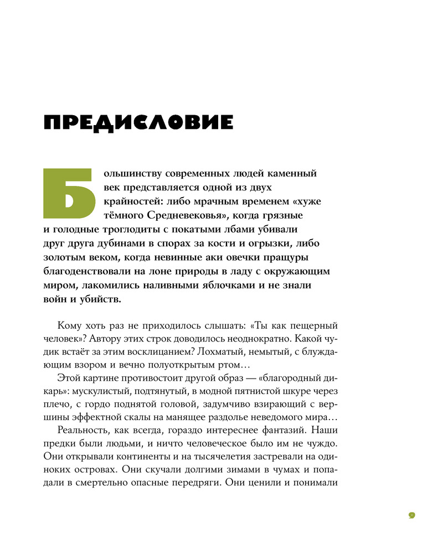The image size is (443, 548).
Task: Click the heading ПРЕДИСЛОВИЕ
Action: pyautogui.click(x=138, y=122)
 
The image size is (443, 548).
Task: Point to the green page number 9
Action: pyautogui.click(x=411, y=515)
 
